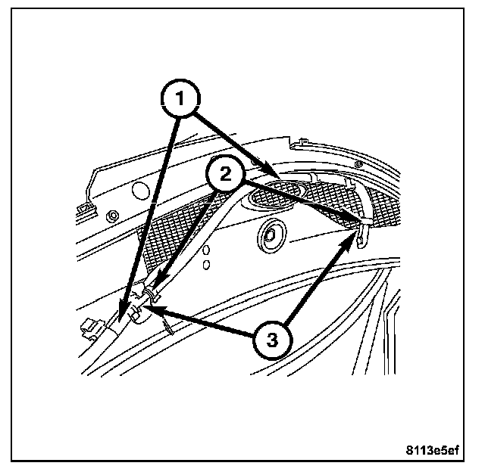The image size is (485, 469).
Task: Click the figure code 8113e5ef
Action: pos(432,450)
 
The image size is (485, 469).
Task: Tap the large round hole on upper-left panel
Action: pos(140,186)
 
